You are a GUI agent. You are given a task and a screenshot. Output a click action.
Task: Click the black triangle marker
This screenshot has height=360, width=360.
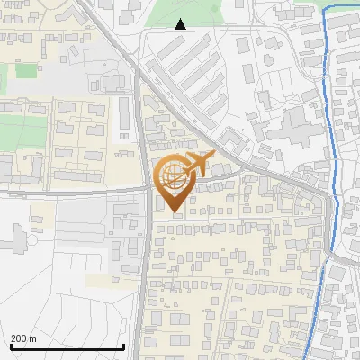point(181,24)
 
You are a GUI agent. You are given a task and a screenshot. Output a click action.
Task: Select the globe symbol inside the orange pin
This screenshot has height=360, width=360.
point(174,176)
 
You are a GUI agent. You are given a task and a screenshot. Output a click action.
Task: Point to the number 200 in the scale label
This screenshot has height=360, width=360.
point(20,338)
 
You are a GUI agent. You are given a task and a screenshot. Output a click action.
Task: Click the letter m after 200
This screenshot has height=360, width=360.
point(32,338)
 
